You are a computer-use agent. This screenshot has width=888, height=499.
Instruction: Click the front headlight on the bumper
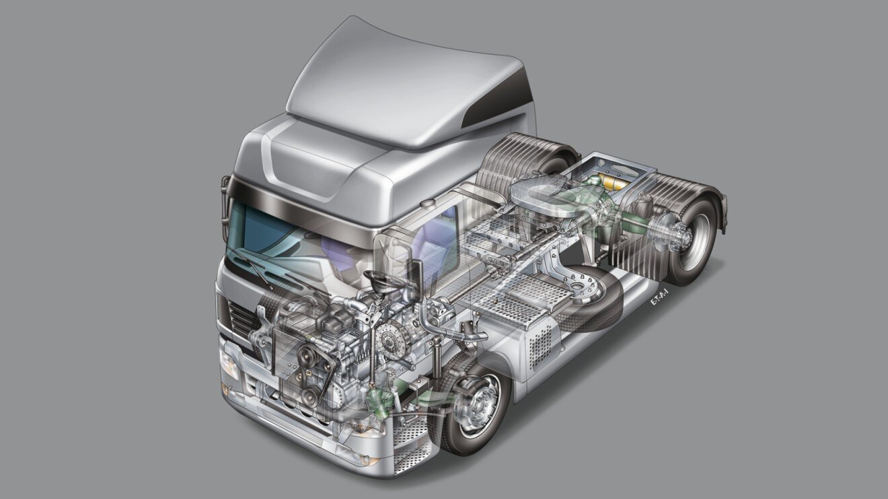229,363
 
